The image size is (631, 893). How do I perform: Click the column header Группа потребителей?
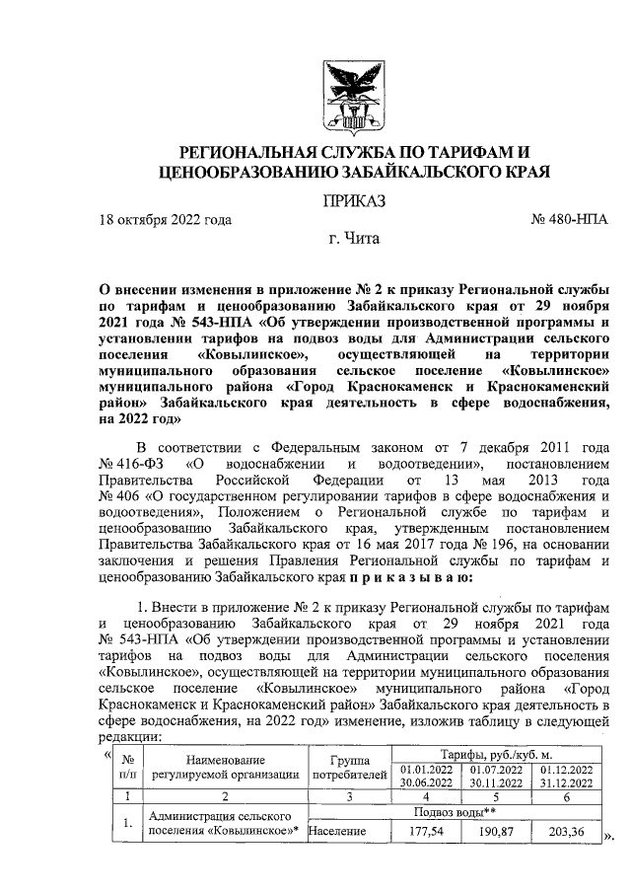[350, 767]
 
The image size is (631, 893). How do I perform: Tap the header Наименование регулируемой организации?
[226, 767]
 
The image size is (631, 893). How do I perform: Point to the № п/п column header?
[127, 767]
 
